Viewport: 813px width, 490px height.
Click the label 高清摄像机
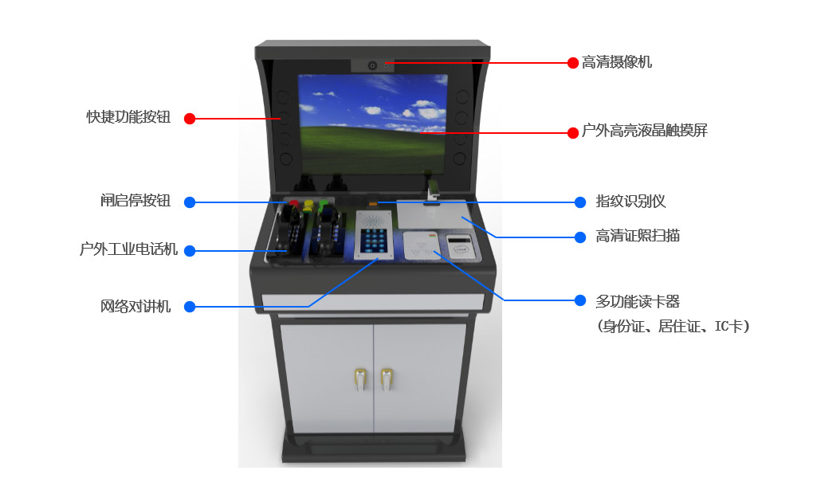click(x=616, y=62)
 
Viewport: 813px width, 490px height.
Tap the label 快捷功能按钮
click(x=128, y=117)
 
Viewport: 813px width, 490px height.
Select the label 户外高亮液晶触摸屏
click(x=645, y=131)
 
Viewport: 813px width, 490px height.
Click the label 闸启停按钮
click(x=135, y=201)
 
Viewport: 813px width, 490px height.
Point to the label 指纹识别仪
click(x=630, y=202)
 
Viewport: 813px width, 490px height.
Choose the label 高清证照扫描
click(x=637, y=236)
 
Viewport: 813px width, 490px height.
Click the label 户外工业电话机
click(x=128, y=249)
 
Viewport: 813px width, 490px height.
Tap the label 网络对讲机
click(x=135, y=307)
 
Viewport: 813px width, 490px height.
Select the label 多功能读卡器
click(x=637, y=301)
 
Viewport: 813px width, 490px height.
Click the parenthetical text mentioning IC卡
click(x=673, y=326)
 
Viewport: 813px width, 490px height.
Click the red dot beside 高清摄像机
click(x=573, y=63)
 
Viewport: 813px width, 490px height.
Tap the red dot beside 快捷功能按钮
click(x=190, y=119)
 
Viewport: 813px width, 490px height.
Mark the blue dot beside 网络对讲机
click(x=190, y=307)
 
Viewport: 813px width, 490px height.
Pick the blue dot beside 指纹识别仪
click(x=580, y=202)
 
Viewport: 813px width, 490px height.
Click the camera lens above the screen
click(x=372, y=66)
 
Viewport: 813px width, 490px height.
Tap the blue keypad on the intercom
click(x=374, y=241)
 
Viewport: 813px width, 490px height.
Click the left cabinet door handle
click(x=361, y=379)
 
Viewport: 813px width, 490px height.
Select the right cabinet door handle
click(x=387, y=379)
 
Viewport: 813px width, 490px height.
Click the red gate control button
click(x=293, y=203)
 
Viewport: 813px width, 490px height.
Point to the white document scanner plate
click(x=434, y=214)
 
